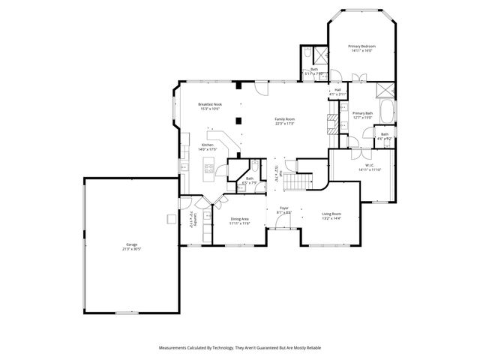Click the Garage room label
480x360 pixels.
tap(131, 246)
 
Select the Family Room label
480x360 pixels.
tap(284, 121)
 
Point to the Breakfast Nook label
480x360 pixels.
tap(210, 106)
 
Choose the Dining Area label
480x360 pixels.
tap(239, 220)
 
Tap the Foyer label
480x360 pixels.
tap(284, 209)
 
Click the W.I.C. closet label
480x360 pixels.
tap(364, 168)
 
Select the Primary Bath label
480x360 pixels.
tap(363, 115)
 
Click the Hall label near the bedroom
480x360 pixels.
tap(337, 91)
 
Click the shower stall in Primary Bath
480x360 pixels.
tap(385, 88)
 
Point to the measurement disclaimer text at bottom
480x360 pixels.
tap(239, 348)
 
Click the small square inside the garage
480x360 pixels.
tap(172, 219)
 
